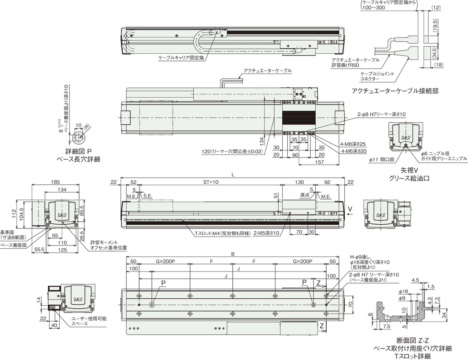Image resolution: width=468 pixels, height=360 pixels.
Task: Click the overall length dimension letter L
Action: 233,175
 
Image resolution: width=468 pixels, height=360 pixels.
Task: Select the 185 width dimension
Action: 55,182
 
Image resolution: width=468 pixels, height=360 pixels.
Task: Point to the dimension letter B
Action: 233,254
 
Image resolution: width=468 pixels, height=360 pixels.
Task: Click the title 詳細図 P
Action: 79,152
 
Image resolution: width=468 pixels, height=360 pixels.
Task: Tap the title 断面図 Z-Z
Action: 413,340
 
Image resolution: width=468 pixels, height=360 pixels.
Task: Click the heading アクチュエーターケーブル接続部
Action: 395,91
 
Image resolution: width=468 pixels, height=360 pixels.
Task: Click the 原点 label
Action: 304,196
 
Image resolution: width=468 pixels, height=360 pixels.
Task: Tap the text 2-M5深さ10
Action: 266,233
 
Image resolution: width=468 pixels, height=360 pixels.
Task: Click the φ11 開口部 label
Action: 381,160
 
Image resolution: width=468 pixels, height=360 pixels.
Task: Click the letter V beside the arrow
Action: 353,209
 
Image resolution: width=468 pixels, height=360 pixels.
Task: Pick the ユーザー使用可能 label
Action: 89,319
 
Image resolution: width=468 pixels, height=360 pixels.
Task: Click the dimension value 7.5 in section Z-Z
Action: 387,327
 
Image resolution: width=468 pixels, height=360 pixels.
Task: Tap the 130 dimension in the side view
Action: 299,182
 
